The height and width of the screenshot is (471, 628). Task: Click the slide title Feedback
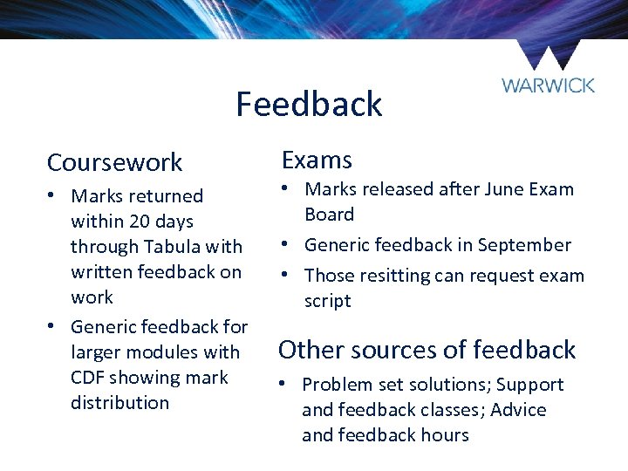pos(309,104)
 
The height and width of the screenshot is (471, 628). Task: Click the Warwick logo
pos(548,70)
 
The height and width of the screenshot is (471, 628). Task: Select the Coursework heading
pos(114,162)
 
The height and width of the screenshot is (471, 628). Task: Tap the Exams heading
pos(317,160)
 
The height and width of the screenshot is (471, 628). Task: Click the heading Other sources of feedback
pos(427,350)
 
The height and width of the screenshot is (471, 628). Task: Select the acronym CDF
pos(89,378)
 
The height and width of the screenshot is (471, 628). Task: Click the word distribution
pos(119,403)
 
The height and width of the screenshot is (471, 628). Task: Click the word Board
pos(329,215)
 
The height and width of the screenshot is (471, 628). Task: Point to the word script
pos(327,301)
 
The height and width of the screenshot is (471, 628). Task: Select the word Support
pos(530,385)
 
